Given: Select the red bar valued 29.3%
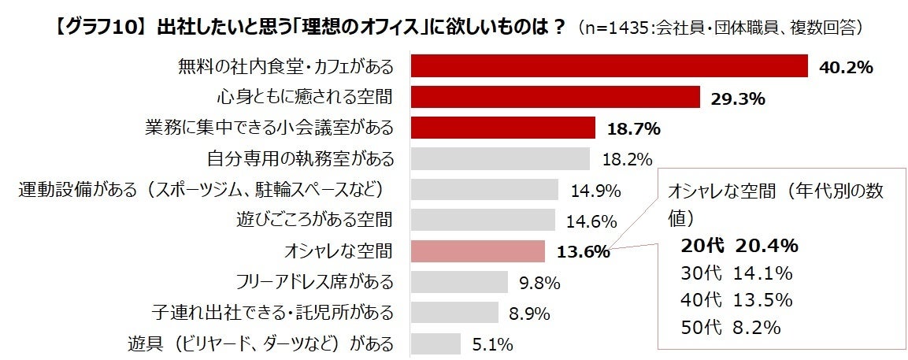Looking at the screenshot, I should tap(556, 97).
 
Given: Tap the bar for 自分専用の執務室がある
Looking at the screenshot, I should tap(501, 158).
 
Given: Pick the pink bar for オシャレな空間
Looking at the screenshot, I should tap(478, 251).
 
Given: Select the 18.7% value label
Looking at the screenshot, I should tap(632, 128).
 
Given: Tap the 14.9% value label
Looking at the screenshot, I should tap(595, 190).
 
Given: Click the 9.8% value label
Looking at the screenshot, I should tap(539, 282).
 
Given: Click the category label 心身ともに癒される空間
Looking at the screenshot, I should tap(306, 97).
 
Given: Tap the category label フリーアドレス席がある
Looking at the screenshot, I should tap(315, 281).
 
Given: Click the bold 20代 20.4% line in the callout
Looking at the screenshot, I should tap(739, 246).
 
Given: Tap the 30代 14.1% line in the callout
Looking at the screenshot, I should tap(736, 273).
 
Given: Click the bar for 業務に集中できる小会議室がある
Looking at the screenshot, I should tap(503, 128).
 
